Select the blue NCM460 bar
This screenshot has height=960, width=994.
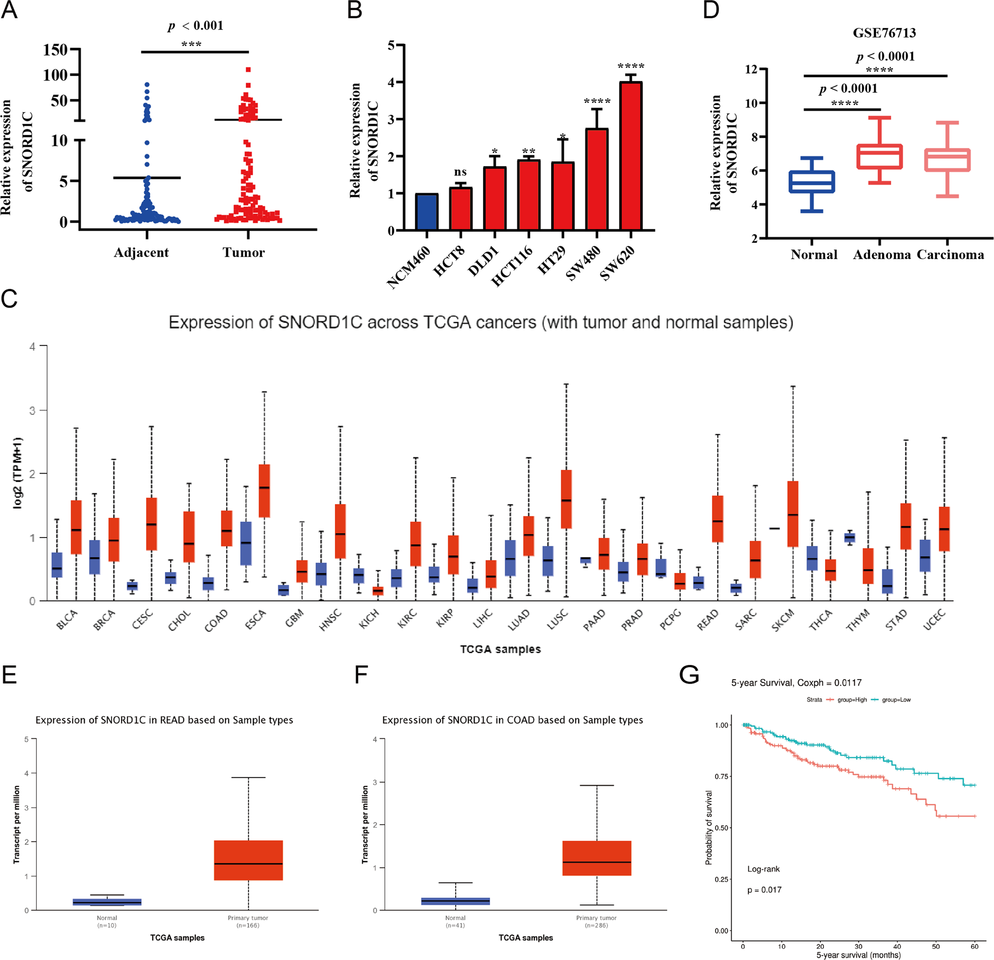(x=427, y=212)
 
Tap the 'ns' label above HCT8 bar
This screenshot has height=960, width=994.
(x=460, y=172)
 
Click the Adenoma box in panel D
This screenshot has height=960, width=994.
(x=879, y=156)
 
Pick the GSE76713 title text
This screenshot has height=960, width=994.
(x=884, y=33)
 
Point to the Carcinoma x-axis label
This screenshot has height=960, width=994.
(x=950, y=255)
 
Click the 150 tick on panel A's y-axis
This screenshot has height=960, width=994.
(x=55, y=50)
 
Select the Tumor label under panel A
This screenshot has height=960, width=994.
(x=244, y=253)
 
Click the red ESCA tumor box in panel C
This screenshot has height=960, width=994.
(x=264, y=490)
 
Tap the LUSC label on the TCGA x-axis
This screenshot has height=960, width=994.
(x=557, y=620)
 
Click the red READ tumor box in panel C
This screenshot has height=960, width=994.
(x=717, y=518)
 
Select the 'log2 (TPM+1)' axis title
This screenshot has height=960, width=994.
(x=18, y=473)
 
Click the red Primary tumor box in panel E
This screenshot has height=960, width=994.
(x=248, y=860)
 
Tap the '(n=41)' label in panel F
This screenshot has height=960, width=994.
(x=455, y=925)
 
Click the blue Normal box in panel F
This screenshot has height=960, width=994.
(x=455, y=901)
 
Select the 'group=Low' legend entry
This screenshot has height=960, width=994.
(x=896, y=700)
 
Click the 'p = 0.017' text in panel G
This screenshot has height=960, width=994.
(x=764, y=890)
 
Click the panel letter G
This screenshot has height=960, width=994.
(x=689, y=675)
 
